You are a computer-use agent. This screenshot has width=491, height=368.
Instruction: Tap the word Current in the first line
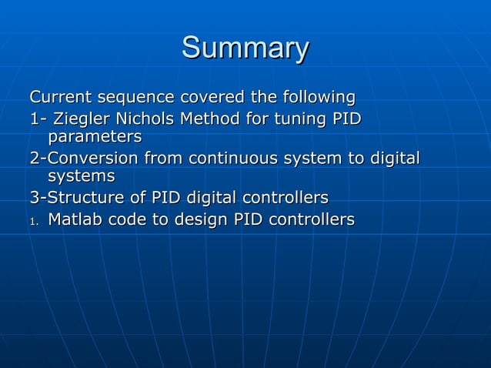[61, 98]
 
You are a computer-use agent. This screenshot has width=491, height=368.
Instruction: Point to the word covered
[209, 98]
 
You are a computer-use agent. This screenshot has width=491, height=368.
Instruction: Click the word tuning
[295, 119]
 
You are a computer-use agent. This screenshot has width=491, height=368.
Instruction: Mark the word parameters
[95, 138]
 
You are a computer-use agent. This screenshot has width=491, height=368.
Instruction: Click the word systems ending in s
[81, 178]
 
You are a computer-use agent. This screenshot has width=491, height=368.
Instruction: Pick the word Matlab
[75, 220]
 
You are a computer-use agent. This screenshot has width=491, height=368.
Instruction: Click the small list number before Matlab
[33, 222]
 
